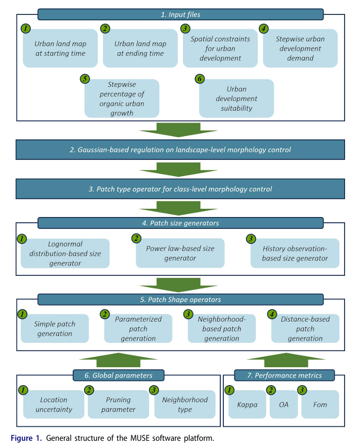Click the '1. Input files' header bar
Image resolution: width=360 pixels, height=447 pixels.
[x=180, y=14]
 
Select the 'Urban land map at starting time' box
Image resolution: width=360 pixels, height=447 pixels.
[x=60, y=49]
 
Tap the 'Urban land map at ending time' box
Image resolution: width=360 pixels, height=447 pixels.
[x=140, y=49]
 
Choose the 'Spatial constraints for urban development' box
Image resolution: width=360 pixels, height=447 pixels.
[x=220, y=48]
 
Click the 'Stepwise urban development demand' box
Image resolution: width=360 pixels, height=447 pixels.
[x=300, y=48]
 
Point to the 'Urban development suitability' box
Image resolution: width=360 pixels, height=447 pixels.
[x=236, y=98]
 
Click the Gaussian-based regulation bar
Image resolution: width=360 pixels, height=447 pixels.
[x=180, y=150]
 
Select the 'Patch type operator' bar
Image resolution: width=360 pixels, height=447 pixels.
[x=180, y=189]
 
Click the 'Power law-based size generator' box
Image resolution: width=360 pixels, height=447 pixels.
[x=180, y=253]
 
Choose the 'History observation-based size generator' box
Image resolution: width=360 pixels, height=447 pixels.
[x=295, y=253]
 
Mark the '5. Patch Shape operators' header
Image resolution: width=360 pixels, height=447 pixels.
[x=180, y=300]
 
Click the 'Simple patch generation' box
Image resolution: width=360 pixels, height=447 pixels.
[x=55, y=329]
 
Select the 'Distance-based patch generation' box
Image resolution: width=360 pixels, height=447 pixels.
[x=305, y=329]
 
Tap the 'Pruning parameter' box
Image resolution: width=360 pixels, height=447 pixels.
[x=118, y=405]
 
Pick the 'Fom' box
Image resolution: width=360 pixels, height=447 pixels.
[x=320, y=405]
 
